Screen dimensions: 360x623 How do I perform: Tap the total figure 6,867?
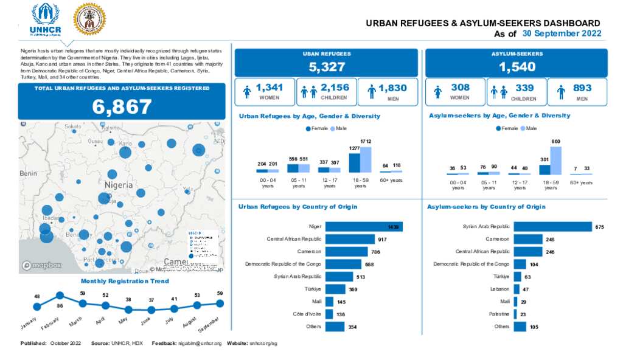pyautogui.click(x=122, y=106)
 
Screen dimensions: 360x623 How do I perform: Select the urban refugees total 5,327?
pyautogui.click(x=327, y=67)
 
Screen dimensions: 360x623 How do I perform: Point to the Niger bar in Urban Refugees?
pyautogui.click(x=364, y=227)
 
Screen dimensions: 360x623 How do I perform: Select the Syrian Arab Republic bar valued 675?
pyautogui.click(x=552, y=227)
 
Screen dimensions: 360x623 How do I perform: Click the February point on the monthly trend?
pyautogui.click(x=60, y=296)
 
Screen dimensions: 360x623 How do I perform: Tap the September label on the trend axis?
pyautogui.click(x=211, y=322)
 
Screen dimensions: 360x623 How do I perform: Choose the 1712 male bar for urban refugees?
pyautogui.click(x=365, y=160)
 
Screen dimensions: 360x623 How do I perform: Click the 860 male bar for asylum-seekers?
pyautogui.click(x=555, y=161)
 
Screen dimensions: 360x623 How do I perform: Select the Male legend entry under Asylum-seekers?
pyautogui.click(x=529, y=128)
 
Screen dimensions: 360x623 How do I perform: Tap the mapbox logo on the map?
pyautogui.click(x=42, y=265)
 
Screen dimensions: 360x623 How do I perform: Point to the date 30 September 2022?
pyautogui.click(x=562, y=33)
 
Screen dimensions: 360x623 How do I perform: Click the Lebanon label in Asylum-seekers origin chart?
pyautogui.click(x=499, y=289)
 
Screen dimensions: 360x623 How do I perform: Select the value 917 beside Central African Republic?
pyautogui.click(x=382, y=240)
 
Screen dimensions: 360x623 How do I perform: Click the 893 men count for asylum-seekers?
pyautogui.click(x=582, y=88)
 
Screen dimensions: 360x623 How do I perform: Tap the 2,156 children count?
pyautogui.click(x=335, y=88)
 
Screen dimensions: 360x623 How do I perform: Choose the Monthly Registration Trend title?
pyautogui.click(x=125, y=281)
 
